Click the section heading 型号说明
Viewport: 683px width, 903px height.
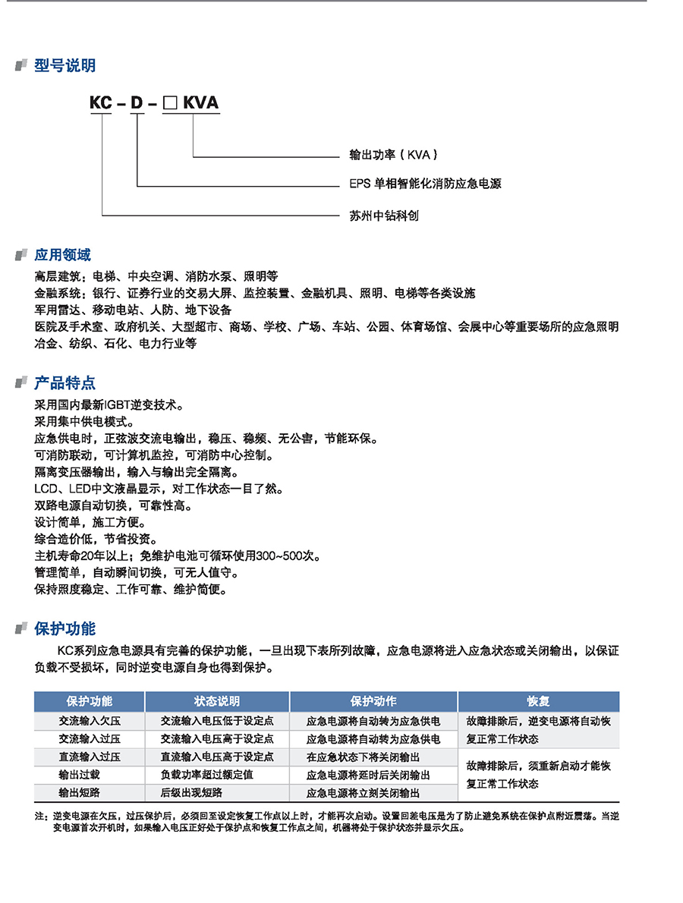[65, 66]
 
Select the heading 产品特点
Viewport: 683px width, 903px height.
[65, 383]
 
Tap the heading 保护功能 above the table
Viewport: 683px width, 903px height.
[65, 628]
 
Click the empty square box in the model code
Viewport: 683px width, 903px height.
[170, 103]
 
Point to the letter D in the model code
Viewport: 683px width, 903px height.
[137, 103]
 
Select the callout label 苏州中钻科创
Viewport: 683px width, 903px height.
[383, 216]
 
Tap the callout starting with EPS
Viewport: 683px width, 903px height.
[425, 184]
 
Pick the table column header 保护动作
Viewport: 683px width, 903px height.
[373, 701]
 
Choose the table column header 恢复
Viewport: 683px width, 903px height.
[538, 701]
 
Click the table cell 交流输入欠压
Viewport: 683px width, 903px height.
[90, 720]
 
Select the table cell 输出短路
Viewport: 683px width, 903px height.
[79, 793]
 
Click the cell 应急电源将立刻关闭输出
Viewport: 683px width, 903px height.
[363, 793]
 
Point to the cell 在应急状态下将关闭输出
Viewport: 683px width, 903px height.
[363, 757]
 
